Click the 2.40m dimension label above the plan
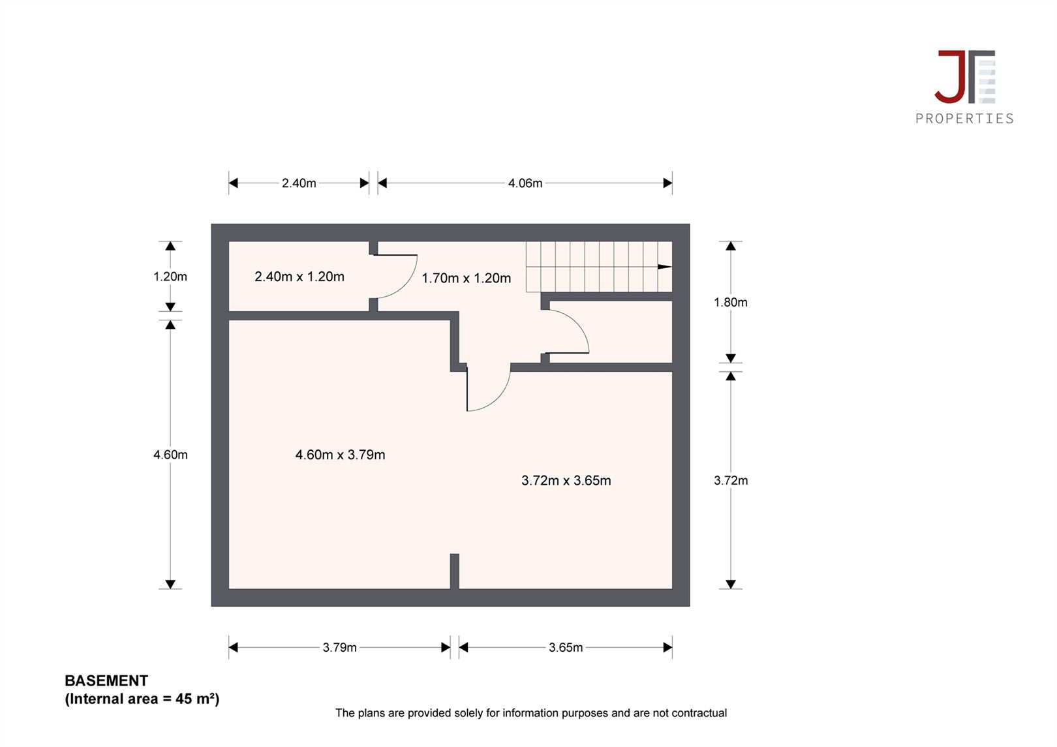tap(299, 183)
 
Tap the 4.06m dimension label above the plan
tap(525, 183)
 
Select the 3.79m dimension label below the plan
tap(339, 647)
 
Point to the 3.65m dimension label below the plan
tap(565, 647)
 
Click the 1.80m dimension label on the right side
tap(731, 302)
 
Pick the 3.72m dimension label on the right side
tap(731, 480)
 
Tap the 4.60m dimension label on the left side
tap(170, 455)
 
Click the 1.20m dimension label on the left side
tap(170, 277)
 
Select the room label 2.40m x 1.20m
tap(299, 277)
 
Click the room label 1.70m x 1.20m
tap(467, 278)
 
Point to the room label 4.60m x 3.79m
tap(340, 455)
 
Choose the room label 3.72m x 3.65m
tap(566, 480)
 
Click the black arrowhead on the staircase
tap(664, 267)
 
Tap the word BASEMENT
tap(106, 680)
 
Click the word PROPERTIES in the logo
tap(964, 119)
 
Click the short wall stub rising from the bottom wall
tap(454, 572)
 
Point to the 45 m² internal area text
tap(197, 699)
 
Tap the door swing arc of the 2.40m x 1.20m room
tap(406, 284)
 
